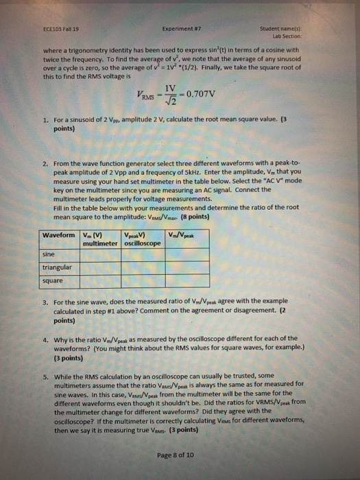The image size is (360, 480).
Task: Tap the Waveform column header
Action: (60, 236)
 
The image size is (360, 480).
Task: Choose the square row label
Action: (53, 280)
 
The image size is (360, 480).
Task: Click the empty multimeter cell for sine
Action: (100, 254)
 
